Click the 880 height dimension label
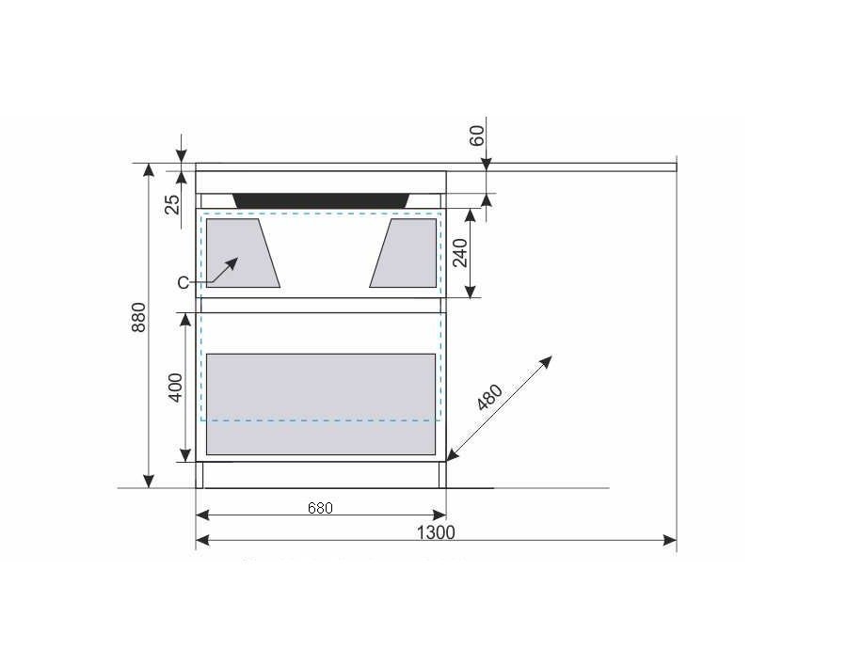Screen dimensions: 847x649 click(x=139, y=317)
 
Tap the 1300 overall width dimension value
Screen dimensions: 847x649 click(x=436, y=533)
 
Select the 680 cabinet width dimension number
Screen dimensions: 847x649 click(x=320, y=508)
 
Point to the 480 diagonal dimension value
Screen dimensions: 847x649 click(x=490, y=397)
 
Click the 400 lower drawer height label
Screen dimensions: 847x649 click(x=176, y=388)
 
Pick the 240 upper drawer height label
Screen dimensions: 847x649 click(x=460, y=253)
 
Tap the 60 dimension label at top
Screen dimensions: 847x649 click(x=477, y=135)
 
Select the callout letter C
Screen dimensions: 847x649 click(x=184, y=282)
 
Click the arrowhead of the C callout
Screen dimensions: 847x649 click(x=232, y=263)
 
